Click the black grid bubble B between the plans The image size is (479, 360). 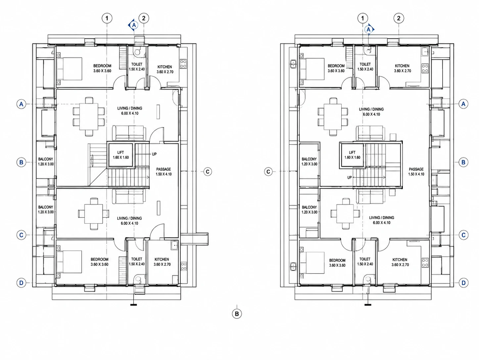click(237, 314)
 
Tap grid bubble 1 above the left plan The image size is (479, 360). click(107, 18)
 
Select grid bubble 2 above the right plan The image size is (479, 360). click(399, 18)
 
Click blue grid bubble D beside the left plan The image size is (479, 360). click(21, 283)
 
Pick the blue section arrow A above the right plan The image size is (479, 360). click(369, 29)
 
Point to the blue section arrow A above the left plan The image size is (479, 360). click(133, 25)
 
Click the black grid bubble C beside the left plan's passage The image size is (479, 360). click(208, 172)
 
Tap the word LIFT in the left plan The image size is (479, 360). click(120, 152)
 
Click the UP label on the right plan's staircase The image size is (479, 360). click(350, 178)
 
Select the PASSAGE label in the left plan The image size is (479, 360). click(164, 169)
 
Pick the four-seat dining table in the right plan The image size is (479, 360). click(345, 214)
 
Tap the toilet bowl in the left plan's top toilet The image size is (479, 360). click(137, 52)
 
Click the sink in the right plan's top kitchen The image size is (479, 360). click(425, 52)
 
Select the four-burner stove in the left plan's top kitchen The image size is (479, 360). click(183, 64)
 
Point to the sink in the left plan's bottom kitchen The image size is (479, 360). click(175, 245)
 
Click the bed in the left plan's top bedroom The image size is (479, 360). click(70, 69)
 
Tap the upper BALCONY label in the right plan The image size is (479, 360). click(309, 159)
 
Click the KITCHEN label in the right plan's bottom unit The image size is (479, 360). click(400, 260)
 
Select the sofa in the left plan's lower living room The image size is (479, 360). click(129, 196)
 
